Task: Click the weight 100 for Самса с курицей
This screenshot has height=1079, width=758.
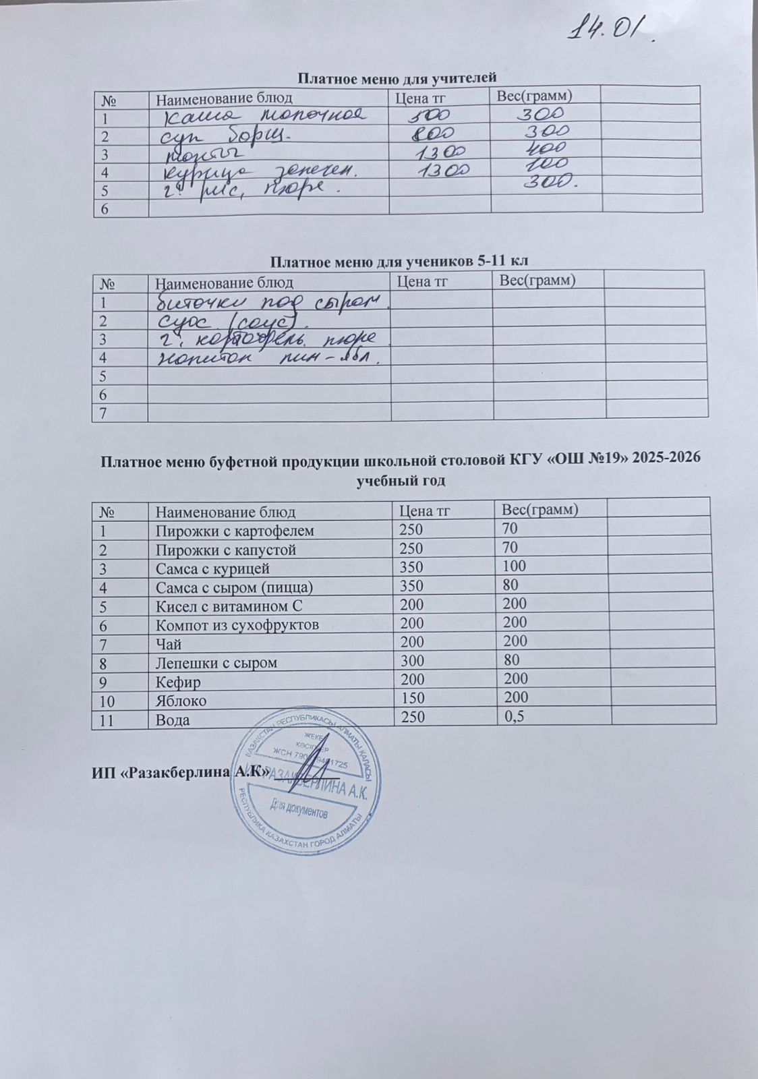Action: [511, 566]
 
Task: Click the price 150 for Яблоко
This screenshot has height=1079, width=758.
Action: [413, 699]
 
